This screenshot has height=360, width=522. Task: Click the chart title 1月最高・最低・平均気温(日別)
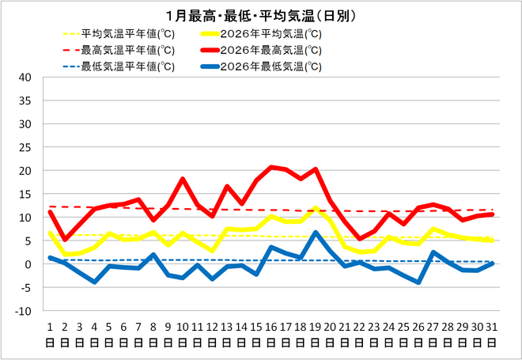pyautogui.click(x=261, y=16)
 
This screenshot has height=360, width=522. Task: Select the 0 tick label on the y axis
pyautogui.click(x=28, y=264)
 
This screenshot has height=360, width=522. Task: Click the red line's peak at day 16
pyautogui.click(x=271, y=167)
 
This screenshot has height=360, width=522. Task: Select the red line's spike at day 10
pyautogui.click(x=183, y=179)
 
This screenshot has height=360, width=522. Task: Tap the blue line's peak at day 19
pyautogui.click(x=316, y=233)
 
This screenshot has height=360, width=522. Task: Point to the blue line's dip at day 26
pyautogui.click(x=418, y=282)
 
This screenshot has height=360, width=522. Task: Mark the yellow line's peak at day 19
pyautogui.click(x=316, y=209)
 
